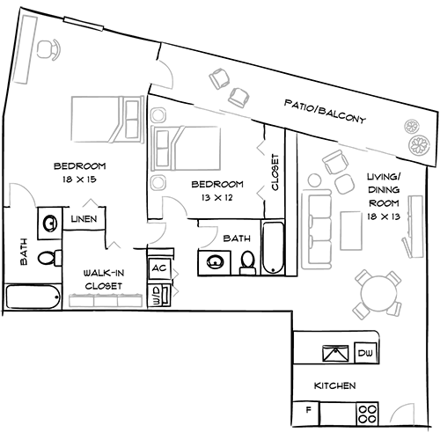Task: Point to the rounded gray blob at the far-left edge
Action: pyautogui.click(x=24, y=187)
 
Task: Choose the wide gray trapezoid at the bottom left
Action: pyautogui.click(x=104, y=295)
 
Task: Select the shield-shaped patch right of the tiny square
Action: pyautogui.click(x=212, y=234)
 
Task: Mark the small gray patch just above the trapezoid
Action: pyautogui.click(x=116, y=245)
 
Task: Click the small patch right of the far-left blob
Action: pyautogui.click(x=87, y=201)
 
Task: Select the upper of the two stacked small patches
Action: pyautogui.click(x=180, y=273)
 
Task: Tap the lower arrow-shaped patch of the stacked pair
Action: pyautogui.click(x=182, y=291)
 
